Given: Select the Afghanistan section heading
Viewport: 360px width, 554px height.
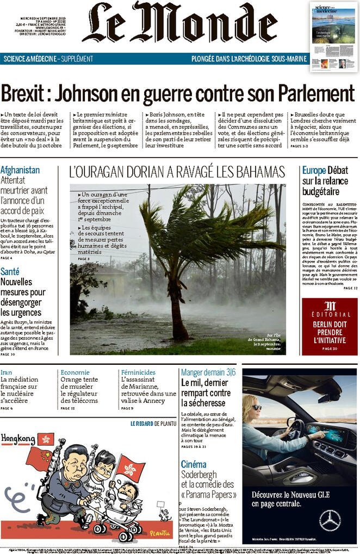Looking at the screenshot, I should click(20, 170).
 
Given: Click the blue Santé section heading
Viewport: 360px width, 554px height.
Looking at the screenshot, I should click(10, 271).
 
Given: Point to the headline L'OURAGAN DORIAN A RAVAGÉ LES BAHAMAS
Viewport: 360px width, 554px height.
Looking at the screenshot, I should click(177, 172).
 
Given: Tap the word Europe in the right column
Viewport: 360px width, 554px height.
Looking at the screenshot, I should click(314, 170).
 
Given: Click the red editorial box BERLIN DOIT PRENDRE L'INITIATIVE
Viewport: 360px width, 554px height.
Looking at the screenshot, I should click(330, 326).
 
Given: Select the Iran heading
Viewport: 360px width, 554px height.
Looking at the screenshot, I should click(6, 372).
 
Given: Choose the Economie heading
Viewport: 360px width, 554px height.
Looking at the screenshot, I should click(75, 372).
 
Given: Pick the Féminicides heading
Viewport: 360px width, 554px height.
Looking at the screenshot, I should click(138, 372).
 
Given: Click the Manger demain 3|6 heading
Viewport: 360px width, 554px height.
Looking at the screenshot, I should click(208, 372).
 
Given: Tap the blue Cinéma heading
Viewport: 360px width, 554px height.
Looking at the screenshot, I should click(194, 464).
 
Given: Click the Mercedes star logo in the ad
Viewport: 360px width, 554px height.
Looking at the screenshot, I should click(330, 520).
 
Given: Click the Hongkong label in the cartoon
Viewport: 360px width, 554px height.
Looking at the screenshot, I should click(18, 438).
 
